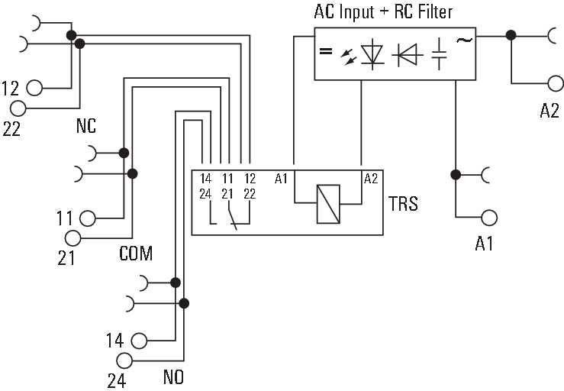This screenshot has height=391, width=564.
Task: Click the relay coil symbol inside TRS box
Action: coord(328,204)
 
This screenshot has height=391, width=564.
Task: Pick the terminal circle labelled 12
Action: coord(34,87)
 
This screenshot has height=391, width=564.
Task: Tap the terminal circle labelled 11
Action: coord(88,218)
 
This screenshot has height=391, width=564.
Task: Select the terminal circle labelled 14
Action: coord(138,340)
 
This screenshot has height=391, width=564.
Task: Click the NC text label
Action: coord(85,127)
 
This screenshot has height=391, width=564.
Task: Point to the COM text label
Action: coord(135,254)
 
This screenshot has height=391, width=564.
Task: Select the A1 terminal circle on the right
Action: coord(489,217)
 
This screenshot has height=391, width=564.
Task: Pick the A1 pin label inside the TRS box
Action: coord(281,179)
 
